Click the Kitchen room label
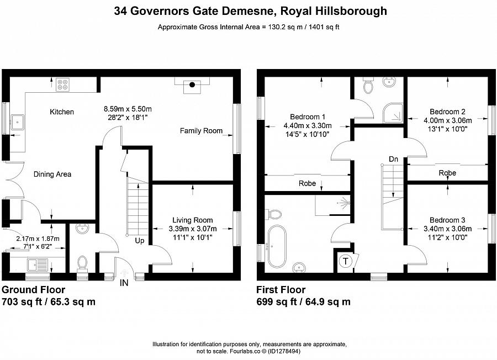[62, 112]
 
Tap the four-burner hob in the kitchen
[63, 84]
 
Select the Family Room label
[201, 131]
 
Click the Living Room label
[192, 220]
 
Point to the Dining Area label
[52, 174]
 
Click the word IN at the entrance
[125, 283]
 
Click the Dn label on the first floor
[393, 160]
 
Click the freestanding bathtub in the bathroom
[274, 246]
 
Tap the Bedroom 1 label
[308, 117]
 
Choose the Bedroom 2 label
[447, 112]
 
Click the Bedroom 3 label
[447, 220]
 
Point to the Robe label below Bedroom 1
[307, 183]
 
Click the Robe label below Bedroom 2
[447, 173]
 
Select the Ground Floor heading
[34, 290]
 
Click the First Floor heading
[281, 290]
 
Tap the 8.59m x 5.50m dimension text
[128, 109]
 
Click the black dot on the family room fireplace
[192, 84]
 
